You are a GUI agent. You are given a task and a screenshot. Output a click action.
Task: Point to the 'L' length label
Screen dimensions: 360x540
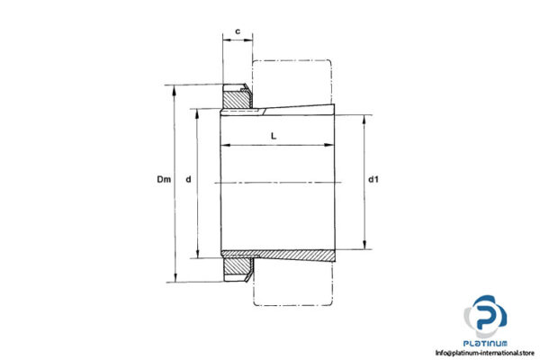(x=274, y=135)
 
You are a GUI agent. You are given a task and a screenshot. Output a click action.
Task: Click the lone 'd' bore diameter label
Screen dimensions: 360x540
(x=188, y=181)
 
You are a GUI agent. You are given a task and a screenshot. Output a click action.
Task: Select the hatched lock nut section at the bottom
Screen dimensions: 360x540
(x=237, y=266)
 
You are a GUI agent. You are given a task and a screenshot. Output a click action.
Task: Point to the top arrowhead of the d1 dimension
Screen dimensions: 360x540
(x=364, y=118)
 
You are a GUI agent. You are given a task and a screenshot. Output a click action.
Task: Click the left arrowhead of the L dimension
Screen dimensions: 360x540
(x=225, y=145)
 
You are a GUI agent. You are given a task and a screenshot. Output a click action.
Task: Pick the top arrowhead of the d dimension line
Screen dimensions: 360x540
(x=197, y=113)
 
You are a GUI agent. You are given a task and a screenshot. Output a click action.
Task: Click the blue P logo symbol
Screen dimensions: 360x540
(x=485, y=317)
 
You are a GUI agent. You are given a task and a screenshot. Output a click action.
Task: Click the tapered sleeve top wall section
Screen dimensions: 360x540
(x=297, y=112)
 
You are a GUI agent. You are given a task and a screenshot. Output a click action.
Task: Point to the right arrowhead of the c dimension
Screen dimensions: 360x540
(x=250, y=40)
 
